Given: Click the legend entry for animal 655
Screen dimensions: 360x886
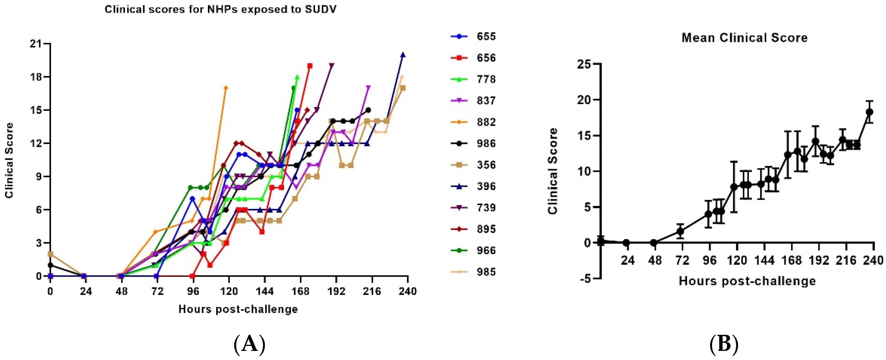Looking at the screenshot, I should pos(474,36).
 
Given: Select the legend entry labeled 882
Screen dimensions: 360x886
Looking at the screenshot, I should pos(474,122).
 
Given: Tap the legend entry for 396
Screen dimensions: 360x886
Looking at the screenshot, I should pos(474,186).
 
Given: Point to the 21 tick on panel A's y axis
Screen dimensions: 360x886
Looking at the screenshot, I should pos(35,44).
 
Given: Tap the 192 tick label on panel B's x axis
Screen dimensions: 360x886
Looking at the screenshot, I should pos(819,260).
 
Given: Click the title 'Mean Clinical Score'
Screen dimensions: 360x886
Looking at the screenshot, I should pos(745,38).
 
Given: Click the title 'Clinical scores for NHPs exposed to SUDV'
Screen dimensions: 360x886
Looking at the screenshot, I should pos(220,9).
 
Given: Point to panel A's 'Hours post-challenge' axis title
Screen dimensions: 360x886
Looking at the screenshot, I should pos(238,309).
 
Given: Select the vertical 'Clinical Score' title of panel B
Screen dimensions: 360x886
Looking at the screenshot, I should pos(553,171).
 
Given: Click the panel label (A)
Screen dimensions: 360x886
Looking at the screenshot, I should pos(250,344).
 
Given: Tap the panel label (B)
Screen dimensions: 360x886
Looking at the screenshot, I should pos(724,344).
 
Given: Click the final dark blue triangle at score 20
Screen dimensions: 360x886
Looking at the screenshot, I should pos(403,55).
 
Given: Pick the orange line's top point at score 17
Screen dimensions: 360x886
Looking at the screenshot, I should pos(226,88).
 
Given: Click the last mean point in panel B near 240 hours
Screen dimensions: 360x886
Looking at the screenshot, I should pos(869,112).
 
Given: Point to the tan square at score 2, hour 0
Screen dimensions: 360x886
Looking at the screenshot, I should pos(51,254).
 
